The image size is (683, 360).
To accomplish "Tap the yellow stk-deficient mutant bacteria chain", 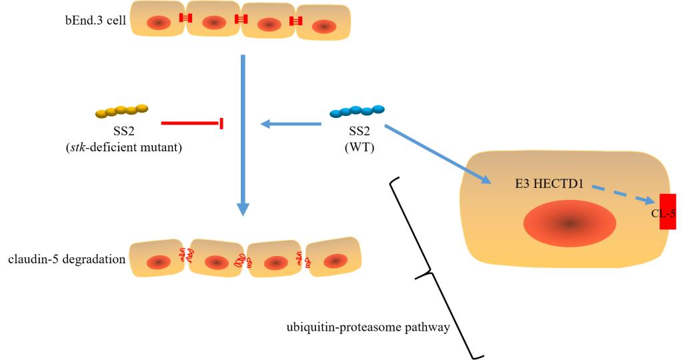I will click(x=121, y=110).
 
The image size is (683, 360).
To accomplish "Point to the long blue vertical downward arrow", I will click(x=243, y=133).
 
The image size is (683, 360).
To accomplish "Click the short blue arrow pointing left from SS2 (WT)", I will click(x=291, y=123).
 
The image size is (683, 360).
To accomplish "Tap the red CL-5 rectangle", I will click(x=667, y=211).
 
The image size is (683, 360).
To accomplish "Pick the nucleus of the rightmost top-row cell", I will click(x=325, y=26).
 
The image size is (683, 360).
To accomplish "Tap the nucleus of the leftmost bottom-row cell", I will click(x=159, y=262).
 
